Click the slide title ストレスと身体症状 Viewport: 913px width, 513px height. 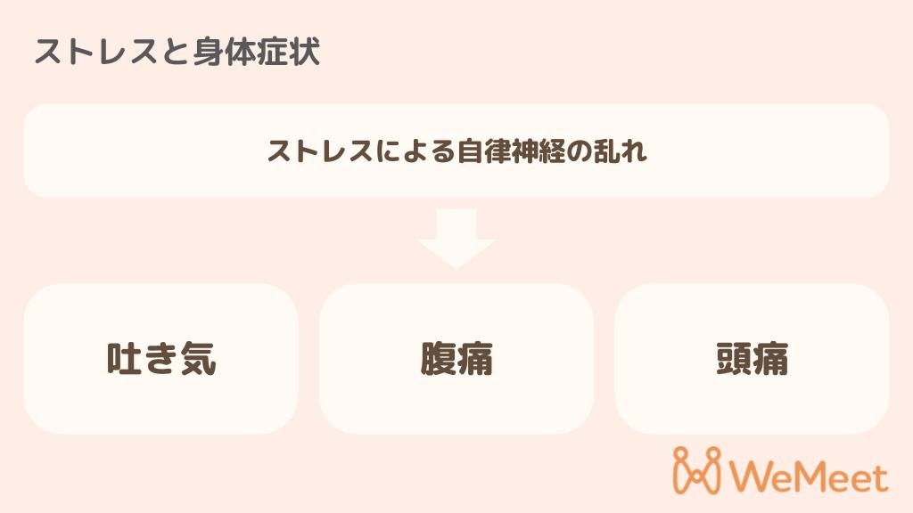coord(177,52)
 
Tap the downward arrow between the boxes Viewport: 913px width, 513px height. coord(456,239)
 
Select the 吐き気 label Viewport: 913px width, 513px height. coord(161,359)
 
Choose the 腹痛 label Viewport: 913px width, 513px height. coord(456,359)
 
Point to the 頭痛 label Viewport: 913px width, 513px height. coord(753,359)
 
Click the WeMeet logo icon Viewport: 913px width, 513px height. coord(697,470)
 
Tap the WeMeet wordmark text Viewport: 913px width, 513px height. coord(809,477)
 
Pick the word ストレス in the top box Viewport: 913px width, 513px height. coord(321,151)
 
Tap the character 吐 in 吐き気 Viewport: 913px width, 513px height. coord(124,359)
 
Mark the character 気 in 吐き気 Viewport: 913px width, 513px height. coord(199,359)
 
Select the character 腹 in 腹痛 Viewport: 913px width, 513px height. coord(438,359)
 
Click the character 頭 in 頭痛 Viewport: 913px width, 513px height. coord(734,359)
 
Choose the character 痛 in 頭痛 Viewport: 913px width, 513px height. coord(771,359)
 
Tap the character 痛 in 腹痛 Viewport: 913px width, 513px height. coord(475,359)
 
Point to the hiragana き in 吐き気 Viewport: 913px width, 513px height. coord(161,359)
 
